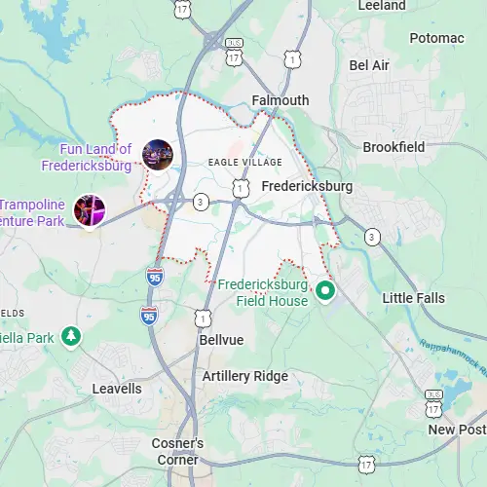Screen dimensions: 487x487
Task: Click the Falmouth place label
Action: pyautogui.click(x=280, y=100)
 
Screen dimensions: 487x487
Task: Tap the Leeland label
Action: pyautogui.click(x=382, y=6)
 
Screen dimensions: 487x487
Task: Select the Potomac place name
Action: pyautogui.click(x=436, y=38)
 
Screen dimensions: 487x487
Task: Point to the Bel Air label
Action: pyautogui.click(x=369, y=65)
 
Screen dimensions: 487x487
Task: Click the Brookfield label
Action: pyautogui.click(x=393, y=147)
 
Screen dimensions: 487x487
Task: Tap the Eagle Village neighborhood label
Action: pyautogui.click(x=245, y=162)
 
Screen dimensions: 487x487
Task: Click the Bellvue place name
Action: pyautogui.click(x=221, y=340)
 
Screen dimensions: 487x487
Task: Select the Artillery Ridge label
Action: pyautogui.click(x=245, y=376)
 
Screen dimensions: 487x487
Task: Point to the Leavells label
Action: pyautogui.click(x=116, y=389)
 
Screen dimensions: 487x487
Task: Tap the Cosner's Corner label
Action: pyautogui.click(x=177, y=451)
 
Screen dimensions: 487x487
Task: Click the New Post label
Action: pyautogui.click(x=456, y=430)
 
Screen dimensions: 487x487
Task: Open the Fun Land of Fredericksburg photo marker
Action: pyautogui.click(x=158, y=154)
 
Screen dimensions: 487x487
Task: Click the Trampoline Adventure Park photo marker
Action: pyautogui.click(x=90, y=210)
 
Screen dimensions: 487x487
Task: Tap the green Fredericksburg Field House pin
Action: pyautogui.click(x=325, y=289)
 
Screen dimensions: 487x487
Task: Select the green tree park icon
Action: pyautogui.click(x=70, y=337)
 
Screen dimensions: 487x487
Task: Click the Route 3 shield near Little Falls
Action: pyautogui.click(x=371, y=237)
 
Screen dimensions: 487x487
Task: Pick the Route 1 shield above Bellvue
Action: pyautogui.click(x=202, y=318)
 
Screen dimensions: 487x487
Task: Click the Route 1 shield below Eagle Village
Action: pyautogui.click(x=239, y=185)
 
